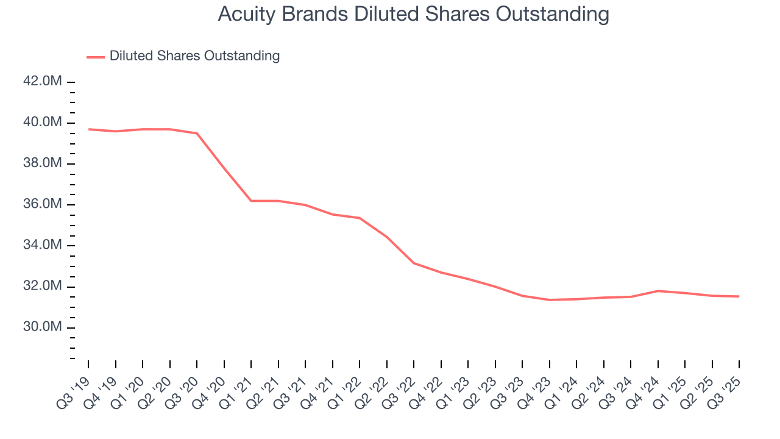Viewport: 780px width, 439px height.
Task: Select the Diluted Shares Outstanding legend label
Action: point(194,56)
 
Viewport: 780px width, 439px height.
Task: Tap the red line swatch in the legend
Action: point(96,57)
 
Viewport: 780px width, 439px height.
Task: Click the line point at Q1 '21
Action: point(251,201)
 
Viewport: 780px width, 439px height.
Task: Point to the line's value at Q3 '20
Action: point(197,133)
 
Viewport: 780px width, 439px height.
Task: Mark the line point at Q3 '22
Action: point(414,263)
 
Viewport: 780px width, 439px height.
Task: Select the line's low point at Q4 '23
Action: point(550,300)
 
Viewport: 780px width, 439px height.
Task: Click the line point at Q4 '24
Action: point(658,291)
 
